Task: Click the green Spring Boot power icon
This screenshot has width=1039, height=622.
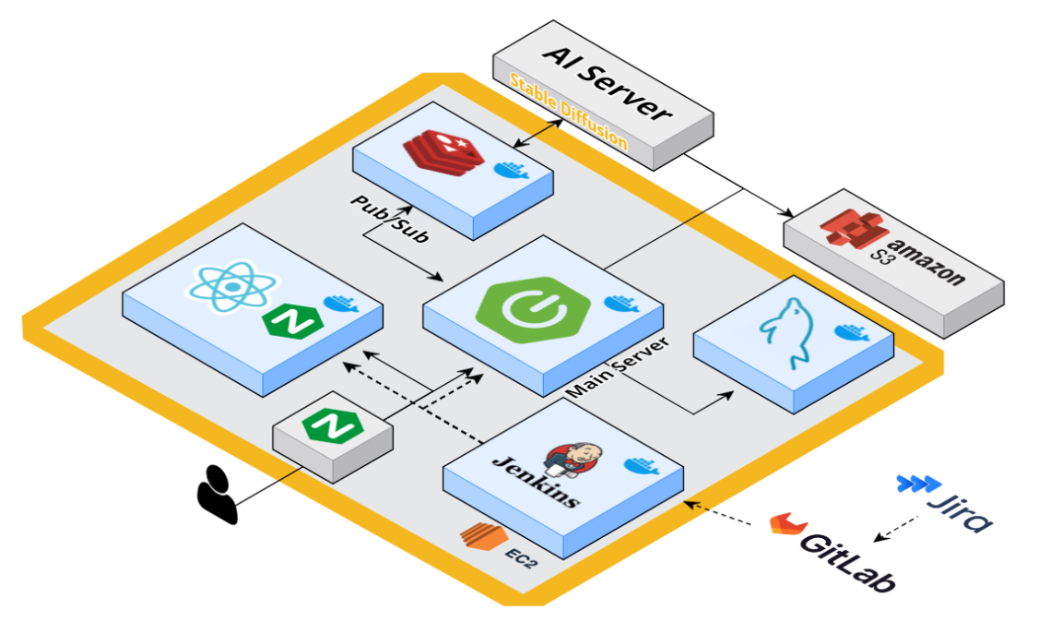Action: point(517,312)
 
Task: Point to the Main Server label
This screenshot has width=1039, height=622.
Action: point(617,366)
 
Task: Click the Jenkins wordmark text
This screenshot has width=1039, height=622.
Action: point(536,479)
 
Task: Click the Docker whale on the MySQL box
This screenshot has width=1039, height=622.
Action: point(850,332)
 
